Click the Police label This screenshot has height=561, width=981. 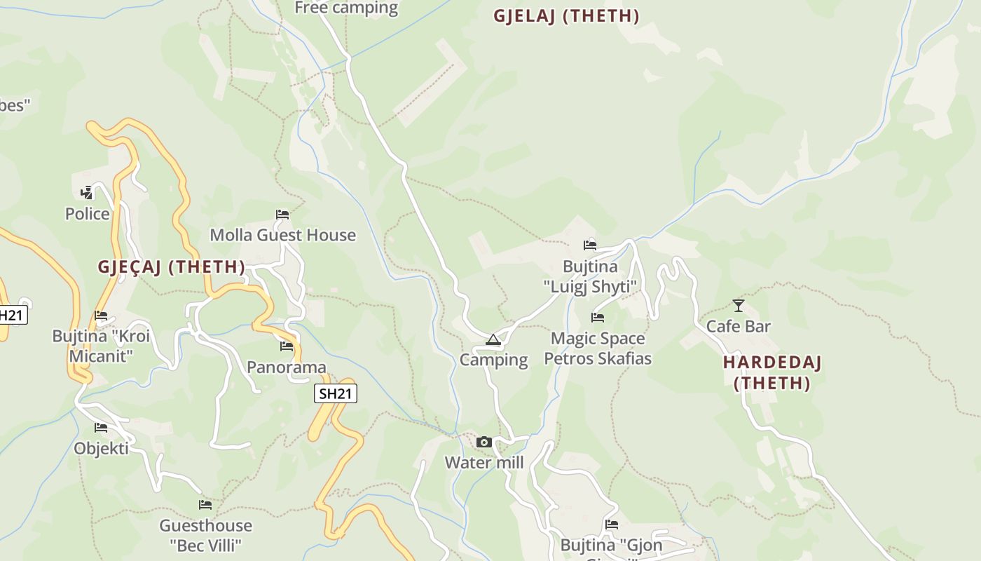click(88, 214)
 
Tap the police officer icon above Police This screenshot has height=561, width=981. click(86, 192)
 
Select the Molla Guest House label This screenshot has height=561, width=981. click(282, 235)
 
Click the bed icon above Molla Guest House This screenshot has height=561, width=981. click(282, 214)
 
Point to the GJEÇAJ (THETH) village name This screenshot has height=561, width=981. click(172, 267)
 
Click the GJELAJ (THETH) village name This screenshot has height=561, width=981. click(566, 16)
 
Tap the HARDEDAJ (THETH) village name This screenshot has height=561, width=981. click(772, 373)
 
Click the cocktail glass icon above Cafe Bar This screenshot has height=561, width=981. click(739, 305)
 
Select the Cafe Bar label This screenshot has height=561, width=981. click(739, 326)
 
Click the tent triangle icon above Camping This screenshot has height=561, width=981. click(493, 340)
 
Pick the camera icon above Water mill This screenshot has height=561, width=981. click(483, 442)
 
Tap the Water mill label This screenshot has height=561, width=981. click(484, 463)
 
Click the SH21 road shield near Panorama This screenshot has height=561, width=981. click(335, 393)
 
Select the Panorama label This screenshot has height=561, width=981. click(287, 367)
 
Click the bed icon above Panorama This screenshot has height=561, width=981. click(287, 346)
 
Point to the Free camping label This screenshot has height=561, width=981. click(346, 8)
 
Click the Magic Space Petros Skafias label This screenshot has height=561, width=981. click(598, 349)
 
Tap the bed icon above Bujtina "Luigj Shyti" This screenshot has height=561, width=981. click(590, 245)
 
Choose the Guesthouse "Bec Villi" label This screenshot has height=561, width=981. click(205, 535)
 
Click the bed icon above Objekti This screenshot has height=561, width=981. click(101, 427)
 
